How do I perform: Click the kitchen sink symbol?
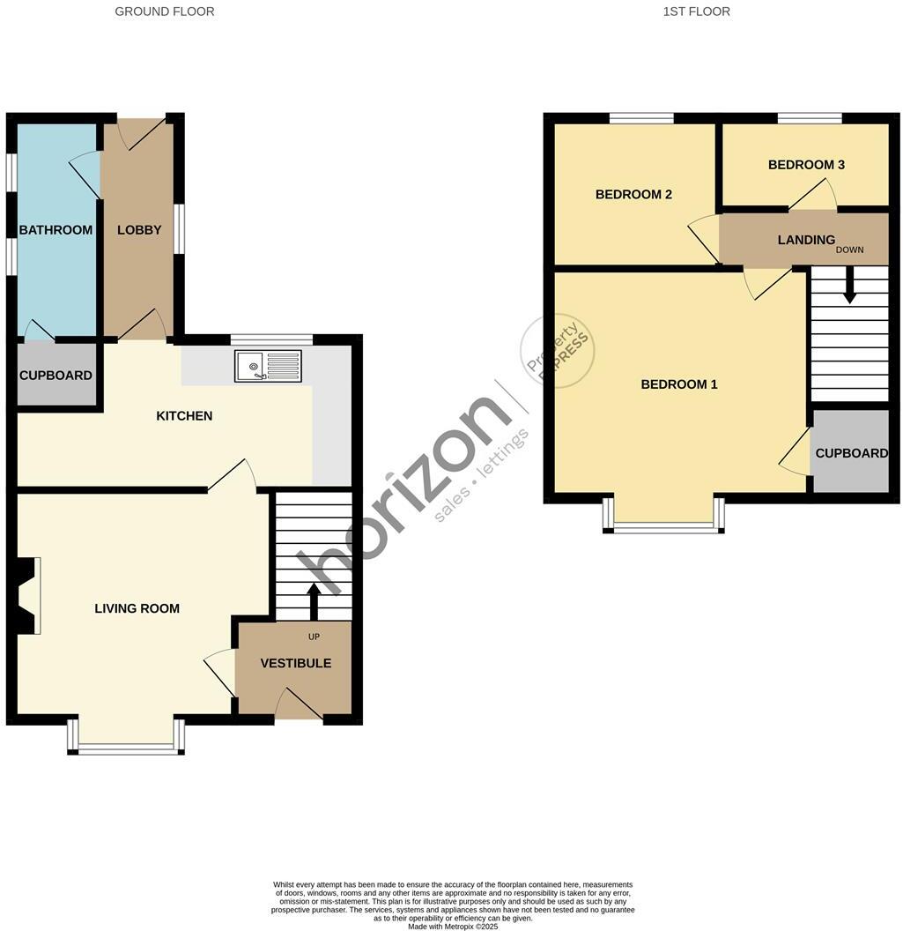(x=268, y=366)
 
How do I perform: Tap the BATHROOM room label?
(x=56, y=230)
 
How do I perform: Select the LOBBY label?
(x=139, y=230)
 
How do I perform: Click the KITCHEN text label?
(x=184, y=415)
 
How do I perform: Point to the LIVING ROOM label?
(x=137, y=608)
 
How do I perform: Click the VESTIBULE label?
(x=296, y=663)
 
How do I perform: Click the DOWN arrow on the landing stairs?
(x=849, y=287)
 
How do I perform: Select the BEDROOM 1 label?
(x=678, y=384)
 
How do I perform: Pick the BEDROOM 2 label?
(x=633, y=194)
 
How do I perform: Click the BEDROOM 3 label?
(x=806, y=165)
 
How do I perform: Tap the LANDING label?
(x=806, y=240)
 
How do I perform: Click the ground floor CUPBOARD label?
(x=56, y=376)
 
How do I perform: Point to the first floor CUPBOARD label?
(x=851, y=453)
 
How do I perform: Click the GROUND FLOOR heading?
(x=165, y=11)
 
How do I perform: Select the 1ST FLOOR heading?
(x=696, y=11)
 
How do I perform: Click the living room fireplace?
(x=26, y=595)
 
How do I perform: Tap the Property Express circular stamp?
(x=558, y=350)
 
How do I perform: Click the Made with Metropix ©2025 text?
(x=453, y=926)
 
